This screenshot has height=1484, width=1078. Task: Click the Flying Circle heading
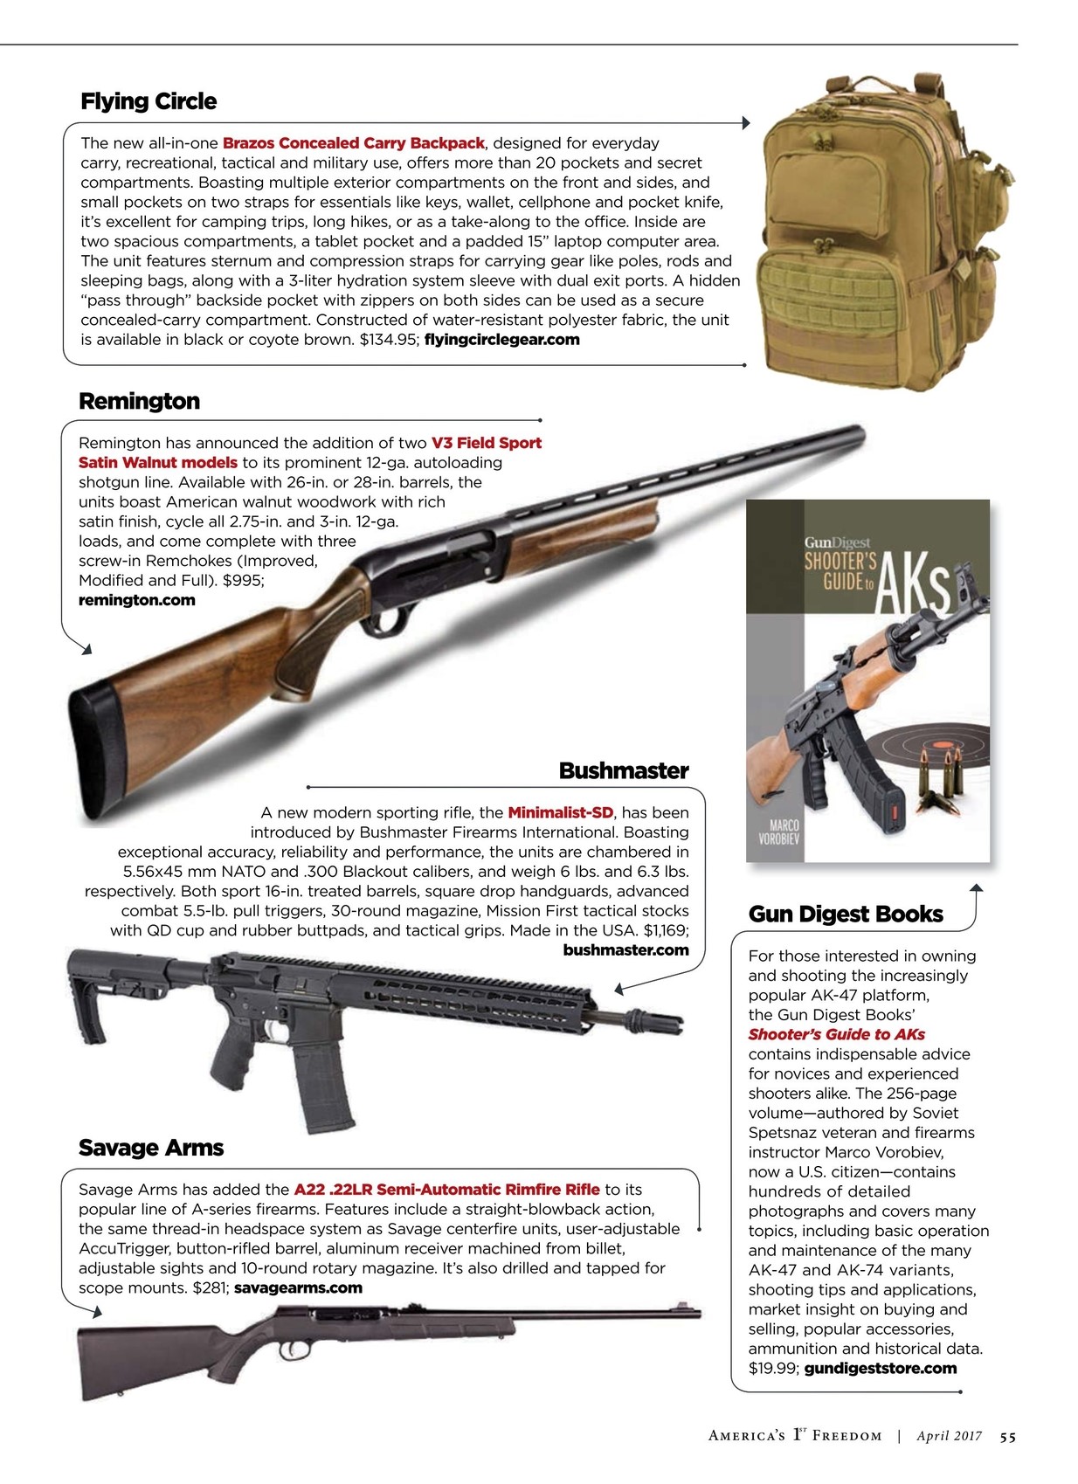(149, 101)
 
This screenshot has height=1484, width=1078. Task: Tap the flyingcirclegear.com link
(501, 340)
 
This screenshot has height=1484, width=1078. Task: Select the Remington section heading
(139, 402)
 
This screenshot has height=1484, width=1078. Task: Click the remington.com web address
(137, 600)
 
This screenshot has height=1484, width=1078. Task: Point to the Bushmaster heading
(623, 771)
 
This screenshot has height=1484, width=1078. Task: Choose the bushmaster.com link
(625, 950)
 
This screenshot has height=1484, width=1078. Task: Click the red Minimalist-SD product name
(561, 812)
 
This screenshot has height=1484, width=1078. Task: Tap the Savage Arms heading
(151, 1148)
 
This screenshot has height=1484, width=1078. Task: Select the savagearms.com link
(298, 1287)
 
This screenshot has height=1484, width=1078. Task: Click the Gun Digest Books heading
(846, 915)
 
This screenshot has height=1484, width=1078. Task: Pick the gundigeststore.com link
(880, 1369)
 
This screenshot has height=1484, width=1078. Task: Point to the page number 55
(1008, 1437)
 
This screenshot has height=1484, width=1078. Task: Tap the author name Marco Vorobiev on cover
(774, 832)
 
